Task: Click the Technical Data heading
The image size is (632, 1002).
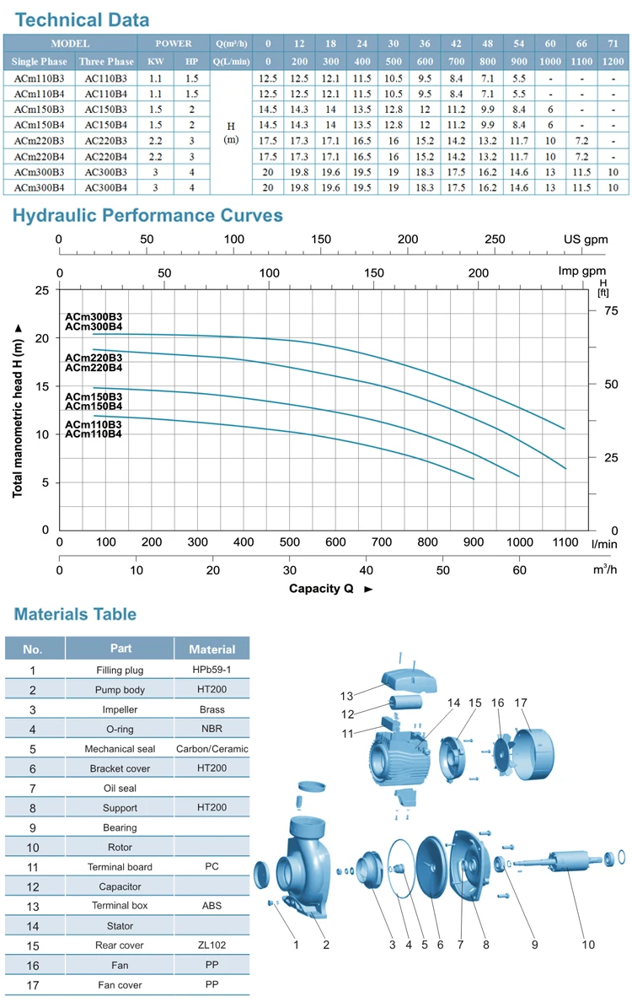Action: pos(81,19)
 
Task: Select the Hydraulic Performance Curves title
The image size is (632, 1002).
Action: pos(147,215)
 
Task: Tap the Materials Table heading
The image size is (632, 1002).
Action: pos(74,614)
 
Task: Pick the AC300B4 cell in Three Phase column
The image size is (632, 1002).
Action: pos(106,186)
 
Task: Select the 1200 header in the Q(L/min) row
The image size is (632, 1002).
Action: pos(613,62)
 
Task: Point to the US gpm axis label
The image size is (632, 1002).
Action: pos(585,240)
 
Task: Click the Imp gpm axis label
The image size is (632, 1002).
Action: pos(582,272)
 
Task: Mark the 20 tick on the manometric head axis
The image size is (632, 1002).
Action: pos(41,337)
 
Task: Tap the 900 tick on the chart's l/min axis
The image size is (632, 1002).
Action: pos(473,542)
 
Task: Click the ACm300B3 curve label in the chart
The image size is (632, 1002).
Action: pos(94,317)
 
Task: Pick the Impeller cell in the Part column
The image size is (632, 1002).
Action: pos(119,709)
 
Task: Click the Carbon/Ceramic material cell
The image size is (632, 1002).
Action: pos(212,748)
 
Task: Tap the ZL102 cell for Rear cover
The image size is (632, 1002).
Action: pos(212,945)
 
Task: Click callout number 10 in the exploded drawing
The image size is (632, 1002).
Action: pos(586,945)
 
